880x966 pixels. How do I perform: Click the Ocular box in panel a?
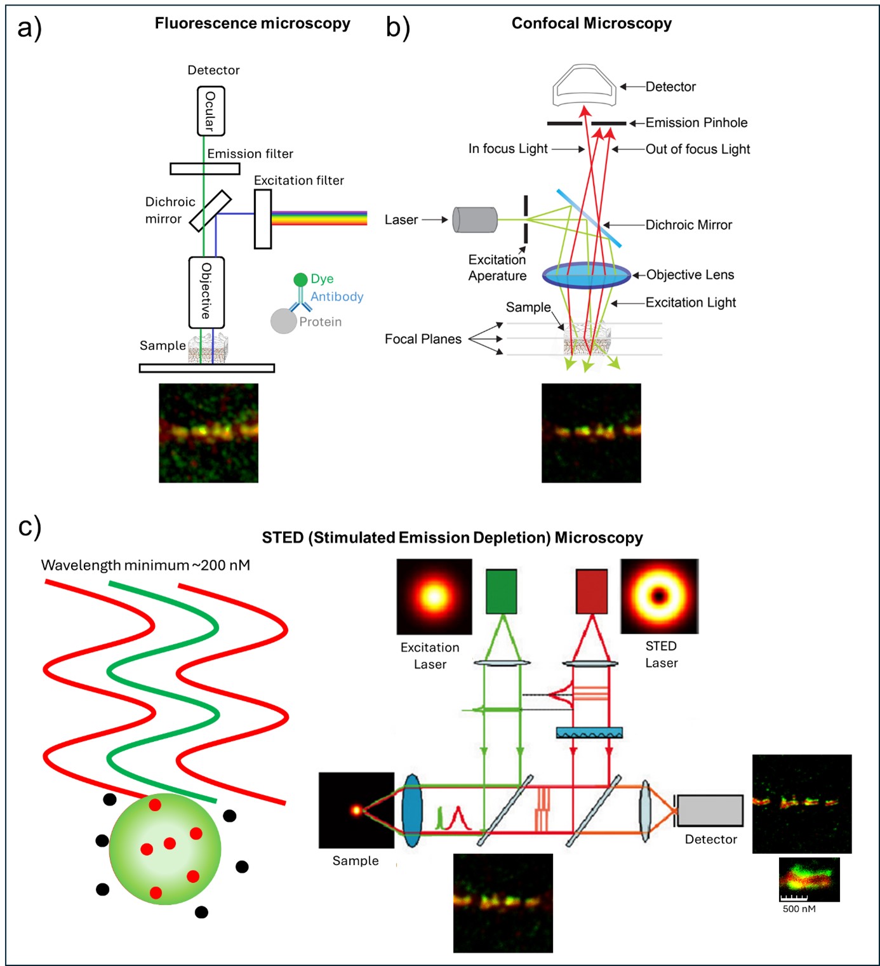(x=211, y=111)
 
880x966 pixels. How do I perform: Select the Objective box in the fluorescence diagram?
(x=206, y=292)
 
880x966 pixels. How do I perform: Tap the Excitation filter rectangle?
(x=263, y=218)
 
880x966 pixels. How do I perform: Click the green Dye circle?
(x=300, y=279)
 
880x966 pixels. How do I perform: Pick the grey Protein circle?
(x=283, y=321)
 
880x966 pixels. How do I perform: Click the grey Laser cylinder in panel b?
(x=475, y=220)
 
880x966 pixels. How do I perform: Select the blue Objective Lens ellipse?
(x=586, y=275)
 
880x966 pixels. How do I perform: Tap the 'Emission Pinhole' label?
(x=697, y=123)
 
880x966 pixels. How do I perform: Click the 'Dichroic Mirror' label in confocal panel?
(x=689, y=225)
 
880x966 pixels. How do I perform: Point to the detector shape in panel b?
(x=584, y=85)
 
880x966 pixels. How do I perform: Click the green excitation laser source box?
(x=502, y=591)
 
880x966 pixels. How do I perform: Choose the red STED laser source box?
(x=592, y=591)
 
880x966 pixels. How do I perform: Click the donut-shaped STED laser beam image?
(x=659, y=596)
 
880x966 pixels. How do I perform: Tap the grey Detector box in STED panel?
(x=710, y=810)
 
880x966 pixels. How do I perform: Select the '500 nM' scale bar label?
(x=799, y=909)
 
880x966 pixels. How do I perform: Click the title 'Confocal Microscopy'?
(x=591, y=23)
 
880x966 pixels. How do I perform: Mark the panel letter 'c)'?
(x=29, y=527)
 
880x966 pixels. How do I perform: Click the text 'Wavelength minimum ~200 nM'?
(x=145, y=565)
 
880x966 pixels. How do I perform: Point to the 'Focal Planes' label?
(x=423, y=339)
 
